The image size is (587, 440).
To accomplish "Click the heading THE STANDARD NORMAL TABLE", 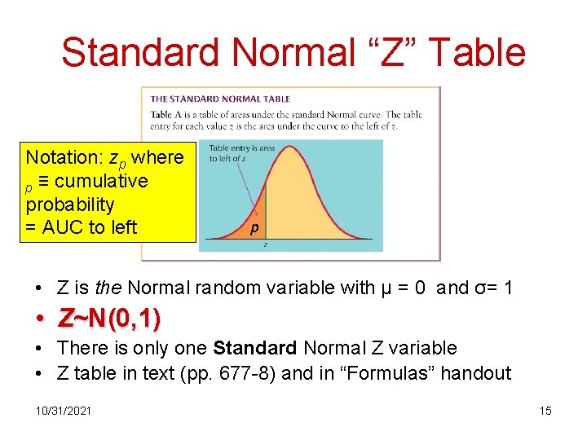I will tap(220, 99).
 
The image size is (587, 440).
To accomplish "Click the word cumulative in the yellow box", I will tap(101, 180).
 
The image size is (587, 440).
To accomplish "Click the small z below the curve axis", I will tap(266, 244).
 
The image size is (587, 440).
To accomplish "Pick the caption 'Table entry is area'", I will tap(241, 148).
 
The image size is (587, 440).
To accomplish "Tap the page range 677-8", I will tap(258, 373).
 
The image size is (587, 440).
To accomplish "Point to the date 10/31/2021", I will tap(64, 410).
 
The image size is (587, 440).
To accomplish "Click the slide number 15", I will tap(545, 410).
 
